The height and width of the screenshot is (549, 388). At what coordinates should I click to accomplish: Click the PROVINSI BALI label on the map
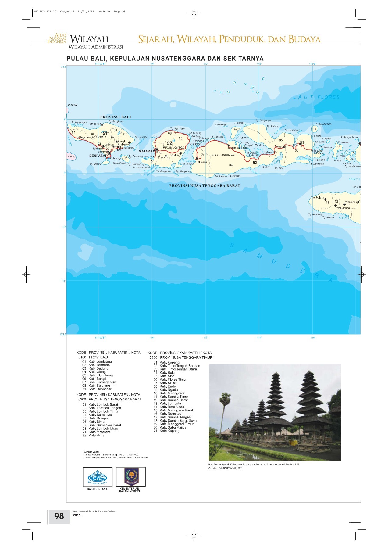(x=116, y=117)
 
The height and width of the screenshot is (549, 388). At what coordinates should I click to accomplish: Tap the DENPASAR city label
(x=98, y=156)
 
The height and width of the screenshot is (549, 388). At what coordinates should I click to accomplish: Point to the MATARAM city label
(x=147, y=151)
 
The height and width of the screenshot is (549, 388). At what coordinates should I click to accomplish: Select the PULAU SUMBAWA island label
(x=223, y=155)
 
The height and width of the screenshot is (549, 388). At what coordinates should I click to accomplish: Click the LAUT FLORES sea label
(x=316, y=97)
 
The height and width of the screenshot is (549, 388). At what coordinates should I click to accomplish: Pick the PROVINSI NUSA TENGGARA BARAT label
(x=205, y=185)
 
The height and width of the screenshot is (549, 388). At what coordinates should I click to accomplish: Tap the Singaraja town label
(x=95, y=124)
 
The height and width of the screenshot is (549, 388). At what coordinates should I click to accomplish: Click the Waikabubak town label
(x=344, y=208)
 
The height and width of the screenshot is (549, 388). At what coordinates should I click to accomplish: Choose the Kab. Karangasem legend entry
(x=102, y=382)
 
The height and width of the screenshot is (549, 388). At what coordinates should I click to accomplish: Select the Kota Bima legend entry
(x=96, y=435)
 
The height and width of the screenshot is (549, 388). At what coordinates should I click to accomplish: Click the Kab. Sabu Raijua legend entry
(x=173, y=427)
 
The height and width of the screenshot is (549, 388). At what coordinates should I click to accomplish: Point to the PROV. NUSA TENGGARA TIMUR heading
(x=186, y=357)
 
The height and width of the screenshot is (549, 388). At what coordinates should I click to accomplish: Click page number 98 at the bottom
(x=59, y=516)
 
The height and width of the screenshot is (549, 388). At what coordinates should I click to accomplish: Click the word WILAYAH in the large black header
(x=89, y=39)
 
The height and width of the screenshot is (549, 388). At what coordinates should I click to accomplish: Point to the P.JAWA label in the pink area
(x=72, y=157)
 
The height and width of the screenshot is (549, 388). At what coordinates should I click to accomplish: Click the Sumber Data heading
(x=91, y=452)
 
